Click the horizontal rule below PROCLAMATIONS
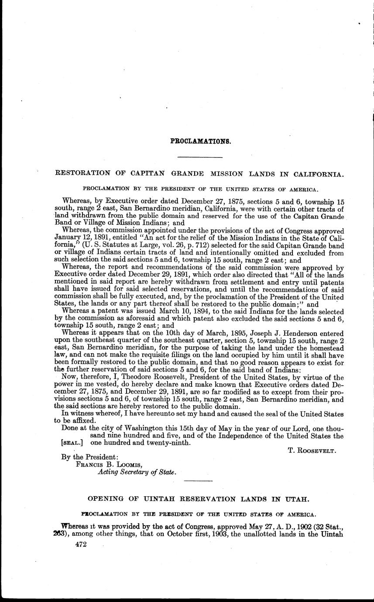click(200, 156)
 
